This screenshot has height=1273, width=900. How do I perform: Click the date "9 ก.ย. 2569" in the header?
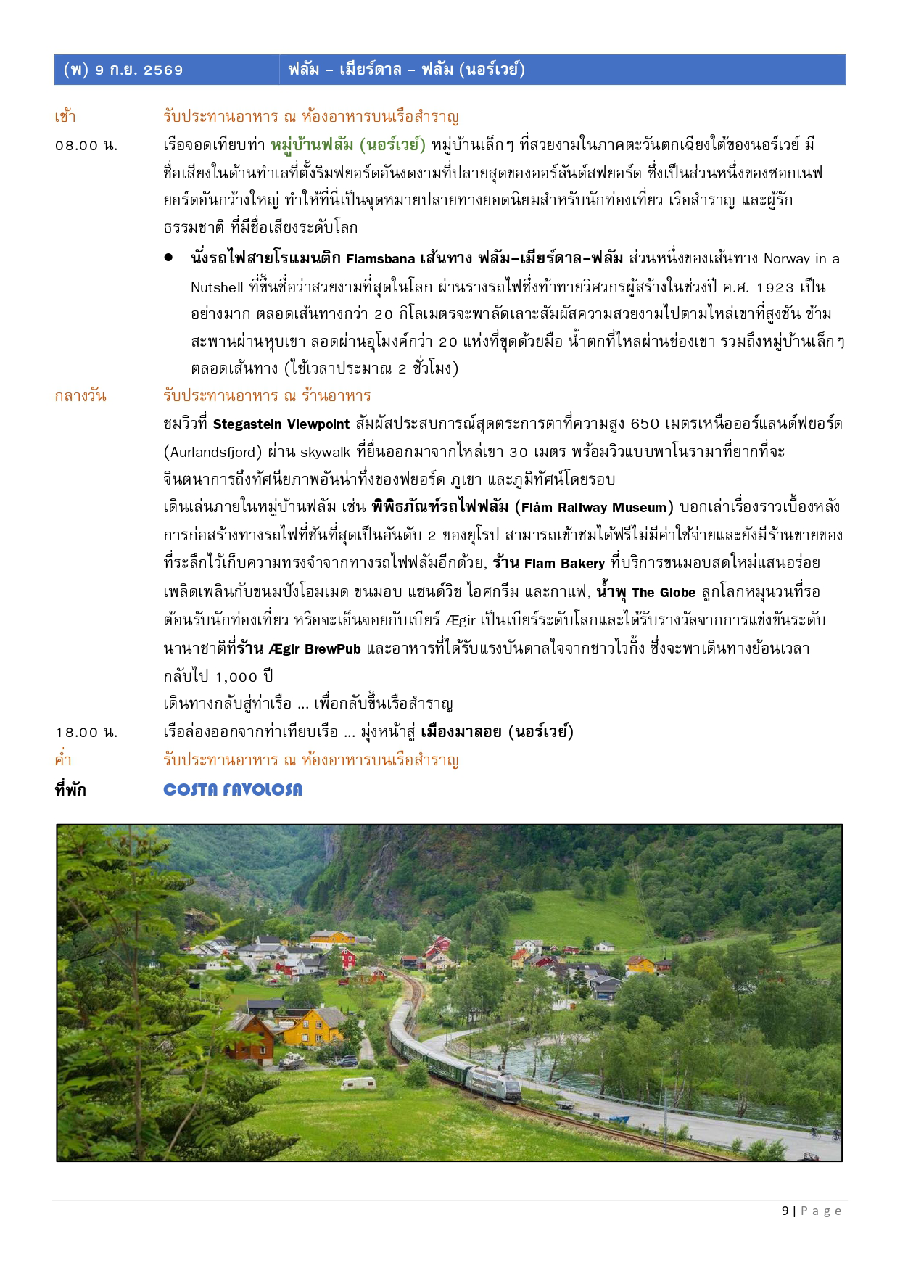139,70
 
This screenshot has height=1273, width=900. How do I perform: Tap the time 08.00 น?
86,146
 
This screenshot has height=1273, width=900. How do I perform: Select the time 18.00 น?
86,733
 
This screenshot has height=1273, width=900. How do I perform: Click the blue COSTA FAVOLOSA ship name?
233,790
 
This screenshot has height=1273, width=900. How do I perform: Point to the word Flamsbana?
380,259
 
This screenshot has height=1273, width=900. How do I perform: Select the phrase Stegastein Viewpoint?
281,424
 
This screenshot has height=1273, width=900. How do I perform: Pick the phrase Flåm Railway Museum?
594,508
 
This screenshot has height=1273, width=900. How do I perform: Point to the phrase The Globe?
663,593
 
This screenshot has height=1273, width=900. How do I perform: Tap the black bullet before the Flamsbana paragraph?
168,258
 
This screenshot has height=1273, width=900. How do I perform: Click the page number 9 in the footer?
785,1211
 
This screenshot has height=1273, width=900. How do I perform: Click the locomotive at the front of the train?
494,1083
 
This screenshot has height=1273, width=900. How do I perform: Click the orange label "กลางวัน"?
80,396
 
